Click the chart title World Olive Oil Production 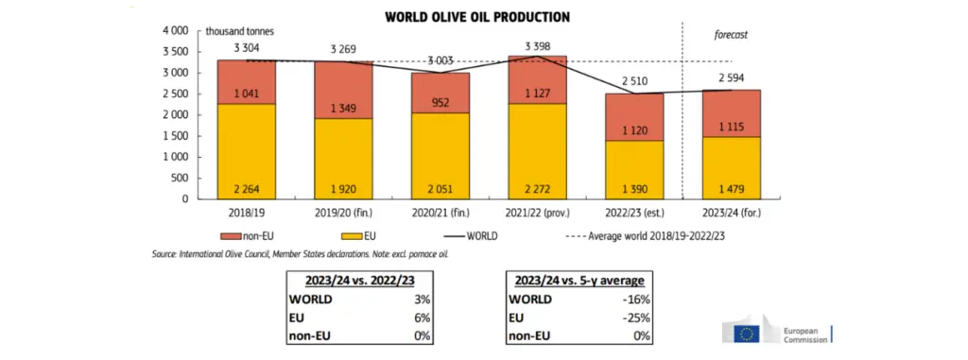point(477,17)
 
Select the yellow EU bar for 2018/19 point(247,151)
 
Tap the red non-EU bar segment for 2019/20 point(343,90)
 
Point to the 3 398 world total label point(537,47)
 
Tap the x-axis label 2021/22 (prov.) point(537,213)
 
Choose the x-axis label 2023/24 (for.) point(732,213)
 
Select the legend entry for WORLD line point(471,235)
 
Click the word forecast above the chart point(731,35)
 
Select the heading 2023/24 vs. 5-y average point(579,281)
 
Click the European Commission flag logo point(748,334)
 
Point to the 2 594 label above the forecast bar point(732,78)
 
